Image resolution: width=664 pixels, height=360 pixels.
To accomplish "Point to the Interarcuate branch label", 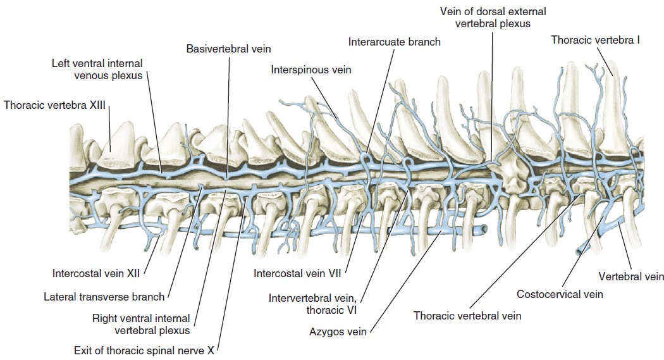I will [394, 42].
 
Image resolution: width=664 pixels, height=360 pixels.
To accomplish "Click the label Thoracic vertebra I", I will [596, 40].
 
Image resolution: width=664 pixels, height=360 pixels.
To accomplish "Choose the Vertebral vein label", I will [631, 276].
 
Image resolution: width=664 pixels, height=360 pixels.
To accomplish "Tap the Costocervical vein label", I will [560, 294].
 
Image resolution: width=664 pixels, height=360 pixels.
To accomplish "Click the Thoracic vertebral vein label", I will [467, 315].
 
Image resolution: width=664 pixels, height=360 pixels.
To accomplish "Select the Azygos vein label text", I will [338, 331].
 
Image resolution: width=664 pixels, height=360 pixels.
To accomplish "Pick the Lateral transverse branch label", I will [104, 296].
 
